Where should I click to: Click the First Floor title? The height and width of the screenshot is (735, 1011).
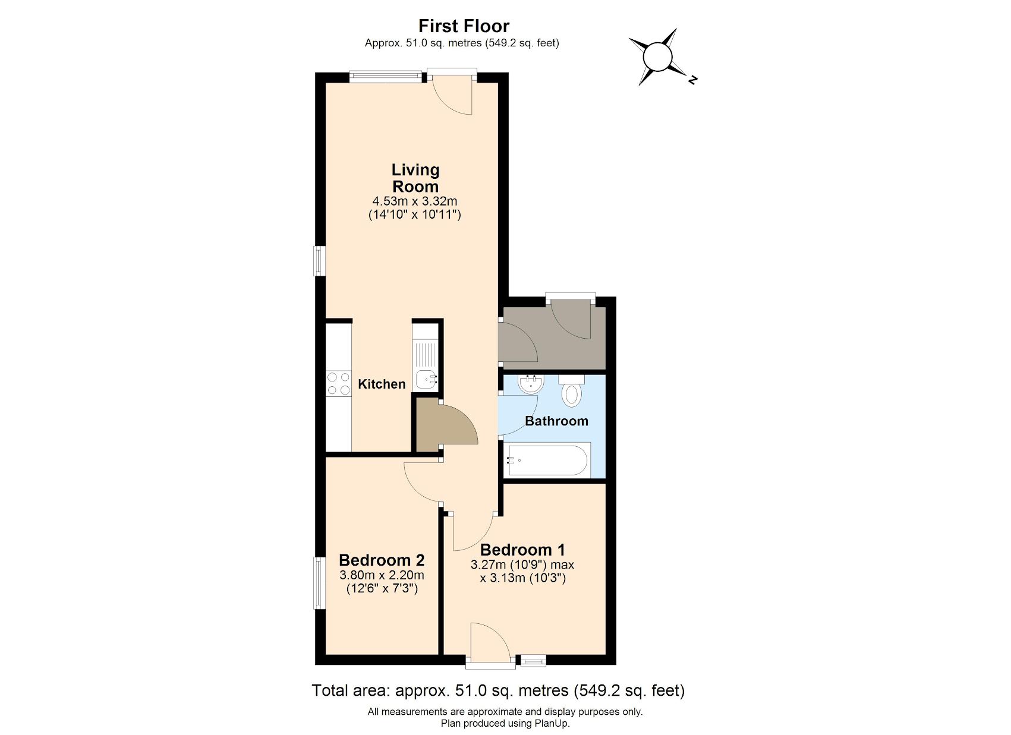tap(463, 26)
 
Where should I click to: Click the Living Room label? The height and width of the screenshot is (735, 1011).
tap(415, 178)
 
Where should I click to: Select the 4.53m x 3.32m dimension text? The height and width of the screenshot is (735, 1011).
tap(415, 201)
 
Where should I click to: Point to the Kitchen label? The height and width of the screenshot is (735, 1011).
tap(382, 384)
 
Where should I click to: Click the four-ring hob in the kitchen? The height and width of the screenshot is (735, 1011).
tap(338, 383)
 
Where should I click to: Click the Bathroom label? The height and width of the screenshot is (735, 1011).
tap(556, 421)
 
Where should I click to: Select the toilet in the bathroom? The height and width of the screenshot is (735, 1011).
tap(571, 392)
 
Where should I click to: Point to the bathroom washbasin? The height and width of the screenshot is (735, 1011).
tap(531, 384)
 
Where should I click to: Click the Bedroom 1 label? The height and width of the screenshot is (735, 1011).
tap(522, 550)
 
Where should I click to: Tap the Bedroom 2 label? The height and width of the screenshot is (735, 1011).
tap(382, 560)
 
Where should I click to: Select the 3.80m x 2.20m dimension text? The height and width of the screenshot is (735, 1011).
tap(382, 575)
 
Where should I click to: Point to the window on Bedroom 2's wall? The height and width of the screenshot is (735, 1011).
tap(320, 583)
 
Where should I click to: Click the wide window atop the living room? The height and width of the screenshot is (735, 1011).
tap(385, 75)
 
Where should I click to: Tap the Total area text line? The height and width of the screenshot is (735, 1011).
tap(498, 690)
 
